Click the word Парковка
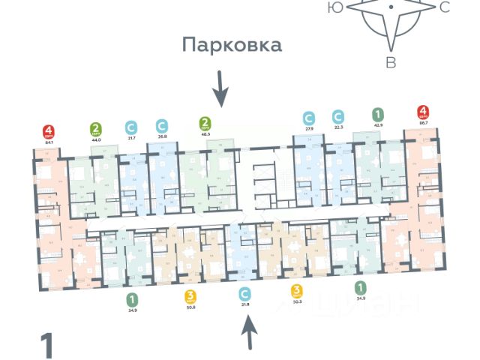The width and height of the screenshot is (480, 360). click(232, 45)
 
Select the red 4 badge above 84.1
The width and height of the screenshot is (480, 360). click(49, 132)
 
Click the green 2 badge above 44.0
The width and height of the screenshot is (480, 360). click(96, 129)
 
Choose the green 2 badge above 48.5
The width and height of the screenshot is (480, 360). click(205, 123)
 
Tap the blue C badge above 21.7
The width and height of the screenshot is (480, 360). click(131, 127)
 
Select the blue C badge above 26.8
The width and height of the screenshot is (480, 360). click(161, 125)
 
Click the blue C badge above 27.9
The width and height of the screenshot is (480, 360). click(308, 118)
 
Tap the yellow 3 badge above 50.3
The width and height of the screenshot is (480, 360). click(297, 290)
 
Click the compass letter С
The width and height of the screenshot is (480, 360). click(444, 7)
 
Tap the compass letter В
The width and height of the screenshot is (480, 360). click(391, 63)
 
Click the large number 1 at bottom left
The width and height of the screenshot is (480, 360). click(48, 346)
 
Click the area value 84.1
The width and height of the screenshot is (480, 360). click(49, 143)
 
